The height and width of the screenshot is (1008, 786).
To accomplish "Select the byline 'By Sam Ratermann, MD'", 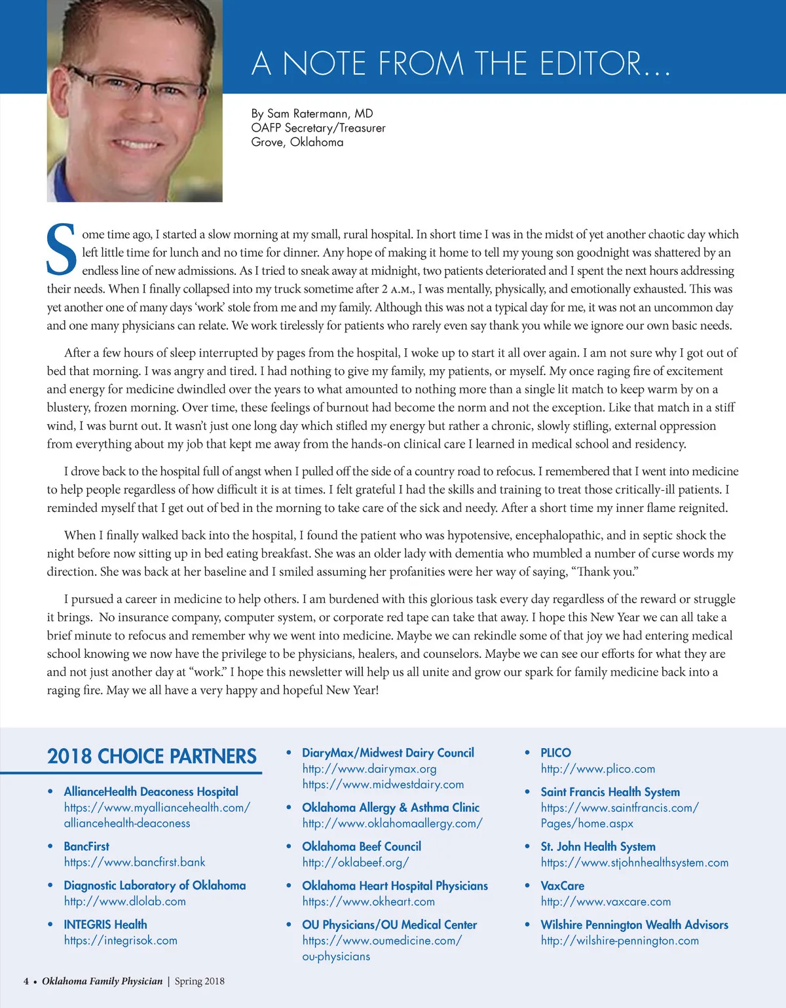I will (x=312, y=113).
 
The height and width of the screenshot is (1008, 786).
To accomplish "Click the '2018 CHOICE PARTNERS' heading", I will (x=152, y=757).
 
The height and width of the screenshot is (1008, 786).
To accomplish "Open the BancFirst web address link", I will (x=134, y=862).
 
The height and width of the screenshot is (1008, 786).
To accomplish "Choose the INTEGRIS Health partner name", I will (x=105, y=924).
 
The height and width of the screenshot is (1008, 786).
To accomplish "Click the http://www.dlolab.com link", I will (x=124, y=901).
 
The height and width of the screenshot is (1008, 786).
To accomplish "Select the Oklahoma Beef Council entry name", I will (x=362, y=846).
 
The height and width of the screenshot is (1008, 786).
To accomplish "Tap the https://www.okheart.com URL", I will (x=368, y=901).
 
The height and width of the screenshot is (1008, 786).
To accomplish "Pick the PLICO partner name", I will (x=555, y=753).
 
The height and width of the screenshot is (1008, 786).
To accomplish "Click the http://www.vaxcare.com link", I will (x=606, y=901).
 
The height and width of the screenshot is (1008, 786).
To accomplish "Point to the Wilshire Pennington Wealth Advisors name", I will (x=634, y=924).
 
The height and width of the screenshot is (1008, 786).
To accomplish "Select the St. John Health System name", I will (x=598, y=846).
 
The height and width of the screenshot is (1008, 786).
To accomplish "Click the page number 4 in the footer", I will (x=26, y=981).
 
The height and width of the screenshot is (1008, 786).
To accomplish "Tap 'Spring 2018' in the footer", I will (x=199, y=981).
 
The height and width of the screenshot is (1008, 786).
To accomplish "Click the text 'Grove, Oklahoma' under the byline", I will (x=297, y=142).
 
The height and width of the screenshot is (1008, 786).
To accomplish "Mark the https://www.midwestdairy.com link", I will (x=383, y=784).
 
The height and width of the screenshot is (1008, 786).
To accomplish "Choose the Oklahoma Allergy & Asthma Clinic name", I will (x=390, y=808).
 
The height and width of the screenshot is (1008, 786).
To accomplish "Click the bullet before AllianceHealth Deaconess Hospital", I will (x=50, y=791).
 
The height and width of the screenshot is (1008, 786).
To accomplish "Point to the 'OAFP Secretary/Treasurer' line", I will (x=318, y=128).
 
